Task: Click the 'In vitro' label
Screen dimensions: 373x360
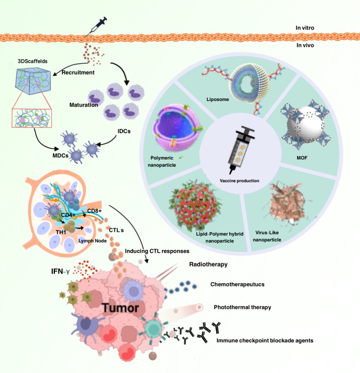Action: [328, 27]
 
